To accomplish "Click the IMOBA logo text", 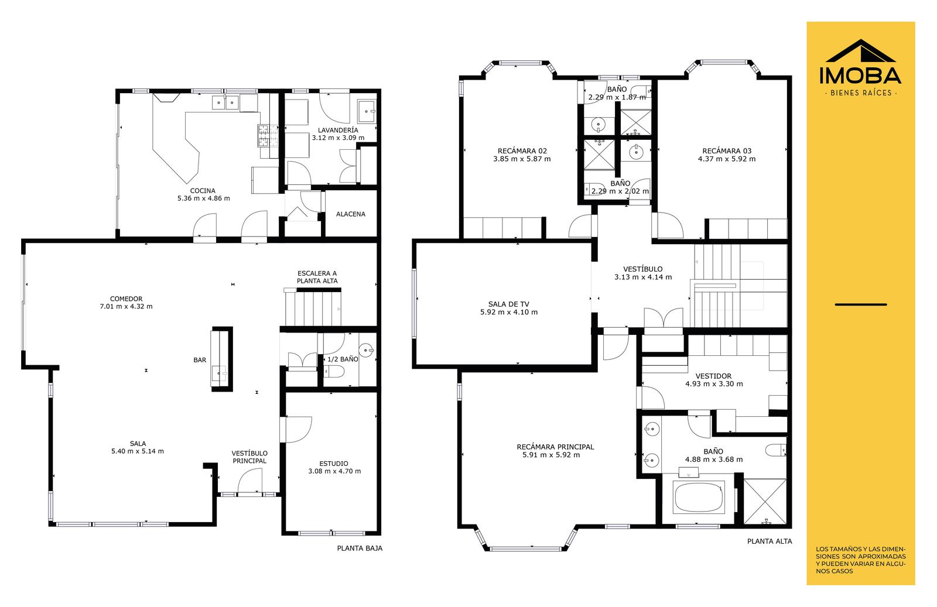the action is click(x=860, y=76).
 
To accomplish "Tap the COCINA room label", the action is click(x=203, y=191).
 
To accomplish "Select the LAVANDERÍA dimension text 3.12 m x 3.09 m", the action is click(x=338, y=138).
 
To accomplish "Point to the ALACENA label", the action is click(x=351, y=214).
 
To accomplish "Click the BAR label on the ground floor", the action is click(x=200, y=360).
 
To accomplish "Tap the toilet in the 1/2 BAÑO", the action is click(x=334, y=371).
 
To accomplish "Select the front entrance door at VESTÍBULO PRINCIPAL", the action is click(x=249, y=481).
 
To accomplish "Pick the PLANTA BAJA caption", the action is click(x=360, y=548).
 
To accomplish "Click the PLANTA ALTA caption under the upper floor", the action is click(x=770, y=541).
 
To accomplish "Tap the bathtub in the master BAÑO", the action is click(x=699, y=497).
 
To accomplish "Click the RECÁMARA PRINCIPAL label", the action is click(x=555, y=447).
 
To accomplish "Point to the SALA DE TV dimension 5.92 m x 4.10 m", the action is click(x=509, y=312).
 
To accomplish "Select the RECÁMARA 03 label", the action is click(x=727, y=151).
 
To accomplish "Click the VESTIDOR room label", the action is click(x=714, y=376).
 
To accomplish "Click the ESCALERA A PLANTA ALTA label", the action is click(x=317, y=277).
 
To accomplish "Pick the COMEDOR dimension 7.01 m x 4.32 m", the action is click(x=126, y=306).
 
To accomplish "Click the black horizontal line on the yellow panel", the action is click(x=861, y=304).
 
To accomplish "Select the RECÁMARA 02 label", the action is click(x=522, y=151).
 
